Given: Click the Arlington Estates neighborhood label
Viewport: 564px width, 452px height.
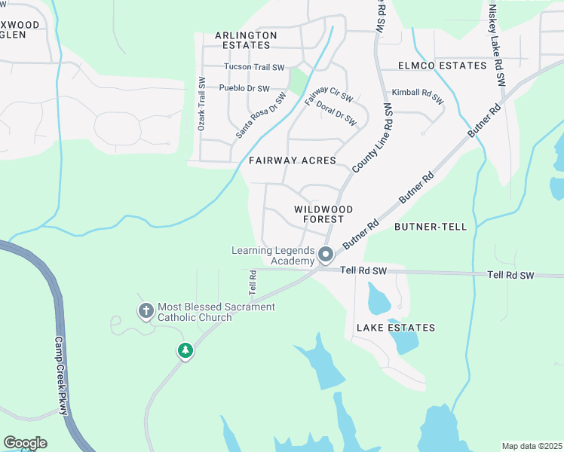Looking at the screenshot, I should (245, 41).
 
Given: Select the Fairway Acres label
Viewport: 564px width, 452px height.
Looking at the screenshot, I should (292, 160).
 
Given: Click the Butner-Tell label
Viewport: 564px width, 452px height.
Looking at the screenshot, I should (431, 226).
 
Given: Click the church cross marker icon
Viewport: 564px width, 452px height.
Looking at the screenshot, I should (146, 310).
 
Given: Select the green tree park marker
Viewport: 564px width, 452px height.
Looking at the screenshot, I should (185, 350).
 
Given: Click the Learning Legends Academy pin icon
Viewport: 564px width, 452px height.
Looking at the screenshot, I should (326, 255).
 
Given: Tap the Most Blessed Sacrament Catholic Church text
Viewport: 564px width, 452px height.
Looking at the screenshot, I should (216, 313).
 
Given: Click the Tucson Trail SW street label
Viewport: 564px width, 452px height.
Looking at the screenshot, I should (253, 66).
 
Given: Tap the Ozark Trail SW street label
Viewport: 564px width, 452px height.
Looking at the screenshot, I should (201, 104).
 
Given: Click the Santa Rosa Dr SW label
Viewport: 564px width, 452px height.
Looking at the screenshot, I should (261, 115).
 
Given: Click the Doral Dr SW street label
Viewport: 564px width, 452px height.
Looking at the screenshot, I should (336, 113).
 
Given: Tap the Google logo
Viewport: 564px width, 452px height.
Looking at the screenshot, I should (25, 442).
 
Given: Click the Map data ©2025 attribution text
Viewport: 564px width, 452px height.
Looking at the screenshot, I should (531, 446).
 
